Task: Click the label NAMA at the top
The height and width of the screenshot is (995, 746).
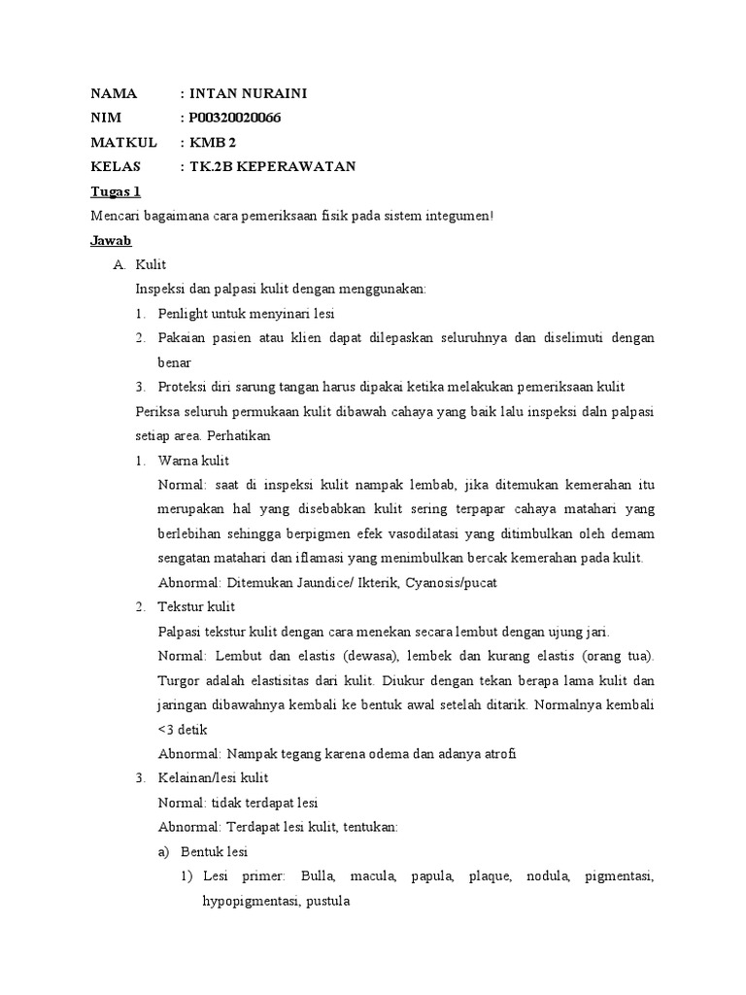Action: [x=115, y=94]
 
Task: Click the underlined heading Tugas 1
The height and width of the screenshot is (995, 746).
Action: [x=116, y=190]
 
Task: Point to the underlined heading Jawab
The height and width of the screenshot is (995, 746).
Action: [x=111, y=239]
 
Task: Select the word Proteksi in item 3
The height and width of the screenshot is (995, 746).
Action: [x=182, y=387]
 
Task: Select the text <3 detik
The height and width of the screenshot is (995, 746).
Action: [x=182, y=729]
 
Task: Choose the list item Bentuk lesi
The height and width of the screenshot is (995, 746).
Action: [x=216, y=851]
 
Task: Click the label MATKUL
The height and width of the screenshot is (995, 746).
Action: [x=123, y=143]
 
